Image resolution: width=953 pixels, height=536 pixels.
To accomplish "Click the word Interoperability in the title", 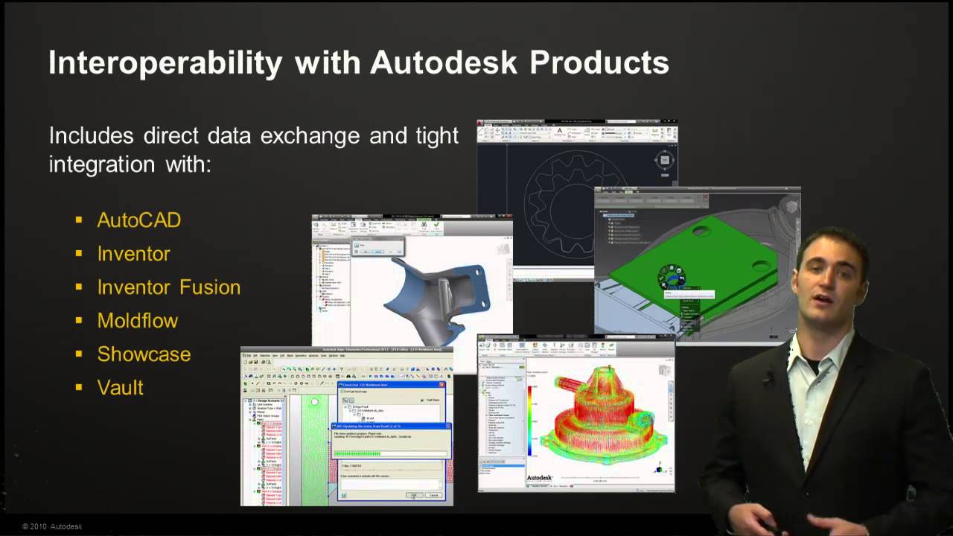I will click(x=165, y=63).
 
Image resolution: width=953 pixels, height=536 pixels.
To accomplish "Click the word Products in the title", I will click(x=599, y=63).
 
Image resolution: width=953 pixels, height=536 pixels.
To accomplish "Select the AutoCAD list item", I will click(x=139, y=220).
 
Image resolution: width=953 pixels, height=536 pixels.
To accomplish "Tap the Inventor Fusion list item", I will click(x=169, y=287).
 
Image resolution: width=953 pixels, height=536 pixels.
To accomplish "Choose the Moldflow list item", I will click(x=138, y=321).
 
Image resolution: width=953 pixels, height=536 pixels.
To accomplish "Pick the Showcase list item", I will click(x=144, y=354).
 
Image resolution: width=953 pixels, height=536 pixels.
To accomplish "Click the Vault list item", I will click(x=120, y=388).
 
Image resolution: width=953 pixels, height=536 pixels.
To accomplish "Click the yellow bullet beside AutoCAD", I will click(x=79, y=220).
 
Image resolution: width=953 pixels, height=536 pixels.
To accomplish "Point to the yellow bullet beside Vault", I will click(x=79, y=388).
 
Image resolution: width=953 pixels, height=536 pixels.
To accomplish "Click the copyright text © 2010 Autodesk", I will click(x=52, y=526).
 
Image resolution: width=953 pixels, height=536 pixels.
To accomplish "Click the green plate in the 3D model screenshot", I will click(x=692, y=261).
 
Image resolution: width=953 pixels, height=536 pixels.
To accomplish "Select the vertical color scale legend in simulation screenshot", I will click(x=530, y=417).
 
